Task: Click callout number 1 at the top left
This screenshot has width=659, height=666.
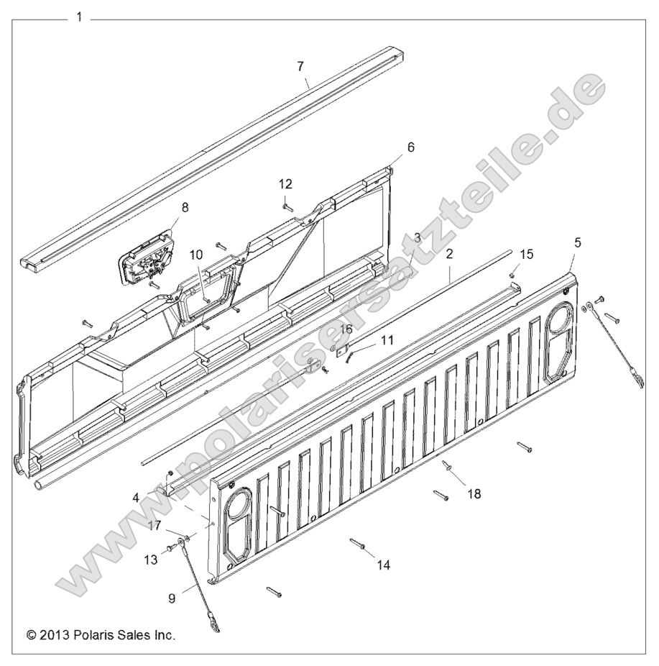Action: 79,17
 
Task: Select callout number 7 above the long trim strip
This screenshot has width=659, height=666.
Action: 300,66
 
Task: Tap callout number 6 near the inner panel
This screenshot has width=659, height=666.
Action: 410,147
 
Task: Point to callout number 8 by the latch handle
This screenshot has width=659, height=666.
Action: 185,208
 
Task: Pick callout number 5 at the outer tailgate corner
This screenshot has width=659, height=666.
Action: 577,242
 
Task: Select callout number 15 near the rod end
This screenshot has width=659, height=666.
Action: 527,254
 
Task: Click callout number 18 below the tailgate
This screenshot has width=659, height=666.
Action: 474,494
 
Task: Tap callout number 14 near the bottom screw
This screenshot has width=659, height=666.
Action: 383,565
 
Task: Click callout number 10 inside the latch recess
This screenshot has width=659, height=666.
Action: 196,255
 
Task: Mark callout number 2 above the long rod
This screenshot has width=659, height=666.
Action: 449,254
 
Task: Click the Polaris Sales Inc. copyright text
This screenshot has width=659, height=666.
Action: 101,635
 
